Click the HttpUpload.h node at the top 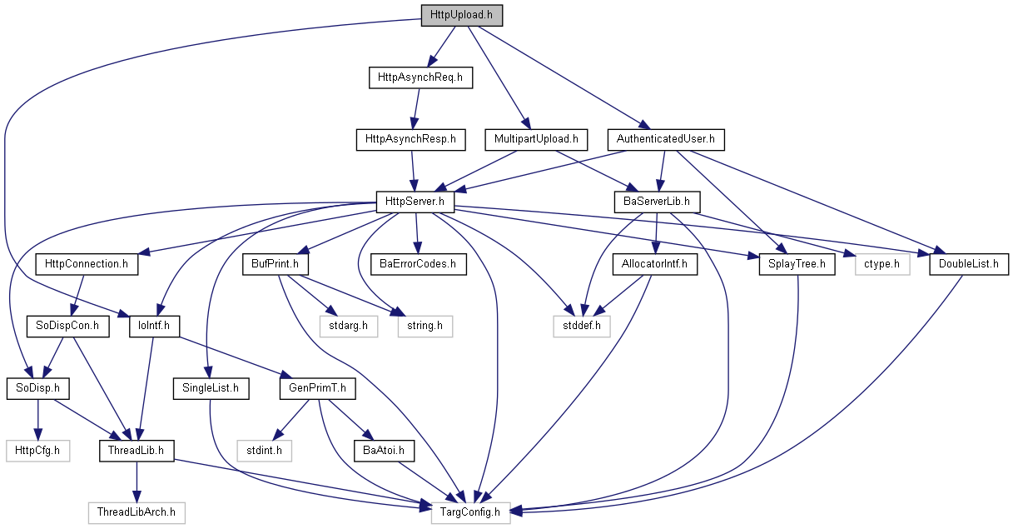(461, 15)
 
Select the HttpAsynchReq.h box (420, 77)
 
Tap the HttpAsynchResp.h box (410, 139)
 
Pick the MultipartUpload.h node (536, 139)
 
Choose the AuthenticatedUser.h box (666, 139)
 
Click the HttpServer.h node (415, 202)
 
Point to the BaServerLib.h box (657, 202)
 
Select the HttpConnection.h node (87, 264)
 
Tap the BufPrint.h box (275, 264)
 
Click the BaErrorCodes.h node (418, 264)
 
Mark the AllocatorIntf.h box (655, 264)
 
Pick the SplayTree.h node (797, 264)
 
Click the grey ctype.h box (882, 264)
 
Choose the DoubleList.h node (969, 264)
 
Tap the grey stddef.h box (582, 326)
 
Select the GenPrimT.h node (317, 388)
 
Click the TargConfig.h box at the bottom (470, 512)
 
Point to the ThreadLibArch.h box (137, 512)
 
